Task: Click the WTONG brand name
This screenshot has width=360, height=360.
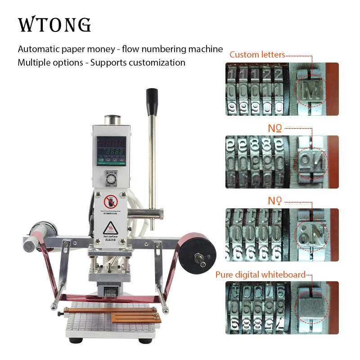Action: [54, 25]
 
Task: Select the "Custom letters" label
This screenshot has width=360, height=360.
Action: [257, 55]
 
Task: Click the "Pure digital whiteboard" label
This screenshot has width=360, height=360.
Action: [260, 274]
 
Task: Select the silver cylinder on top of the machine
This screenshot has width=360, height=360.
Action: [112, 121]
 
